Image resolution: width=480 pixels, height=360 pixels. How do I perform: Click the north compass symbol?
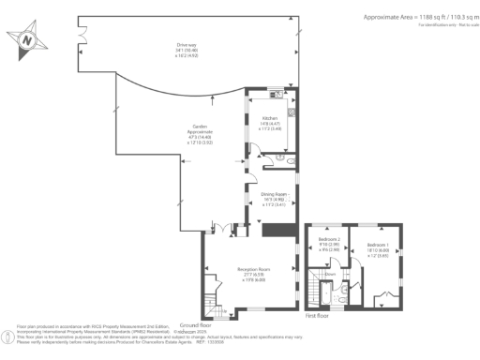coord(28,39)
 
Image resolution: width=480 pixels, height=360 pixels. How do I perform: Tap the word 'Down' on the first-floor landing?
coord(331,275)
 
